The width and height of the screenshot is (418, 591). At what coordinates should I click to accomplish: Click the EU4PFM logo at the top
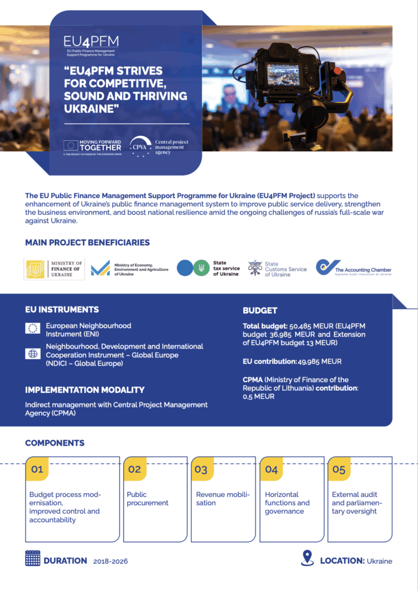tap(91, 43)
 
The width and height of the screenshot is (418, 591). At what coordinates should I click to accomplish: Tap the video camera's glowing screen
tap(283, 74)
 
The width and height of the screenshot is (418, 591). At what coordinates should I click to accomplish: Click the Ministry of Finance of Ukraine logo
tap(54, 269)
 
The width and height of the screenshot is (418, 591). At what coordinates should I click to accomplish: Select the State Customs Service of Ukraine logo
tap(277, 268)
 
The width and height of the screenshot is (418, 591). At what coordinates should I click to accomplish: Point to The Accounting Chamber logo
tap(353, 268)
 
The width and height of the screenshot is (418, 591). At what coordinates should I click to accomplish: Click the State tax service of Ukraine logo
tap(208, 268)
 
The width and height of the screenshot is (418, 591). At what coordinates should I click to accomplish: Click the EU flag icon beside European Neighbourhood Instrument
tap(32, 328)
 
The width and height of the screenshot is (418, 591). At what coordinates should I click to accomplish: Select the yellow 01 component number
tap(37, 469)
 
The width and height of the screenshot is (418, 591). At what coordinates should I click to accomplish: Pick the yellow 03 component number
tap(201, 469)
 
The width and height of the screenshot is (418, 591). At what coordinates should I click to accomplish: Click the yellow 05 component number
tap(339, 469)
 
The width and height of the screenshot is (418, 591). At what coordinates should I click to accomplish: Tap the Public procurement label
tap(148, 499)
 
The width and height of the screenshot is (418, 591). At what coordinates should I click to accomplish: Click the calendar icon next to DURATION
tap(32, 558)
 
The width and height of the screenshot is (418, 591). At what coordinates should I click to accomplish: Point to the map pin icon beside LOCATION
tap(307, 558)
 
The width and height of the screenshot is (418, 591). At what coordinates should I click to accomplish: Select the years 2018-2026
tap(111, 561)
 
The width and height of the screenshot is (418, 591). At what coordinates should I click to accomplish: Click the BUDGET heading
tap(260, 311)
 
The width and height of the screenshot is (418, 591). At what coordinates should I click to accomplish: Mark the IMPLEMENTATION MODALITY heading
tap(85, 390)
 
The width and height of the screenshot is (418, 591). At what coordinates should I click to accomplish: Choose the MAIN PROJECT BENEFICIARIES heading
tap(88, 243)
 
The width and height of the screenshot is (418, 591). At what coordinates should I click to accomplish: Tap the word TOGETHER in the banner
tap(100, 148)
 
